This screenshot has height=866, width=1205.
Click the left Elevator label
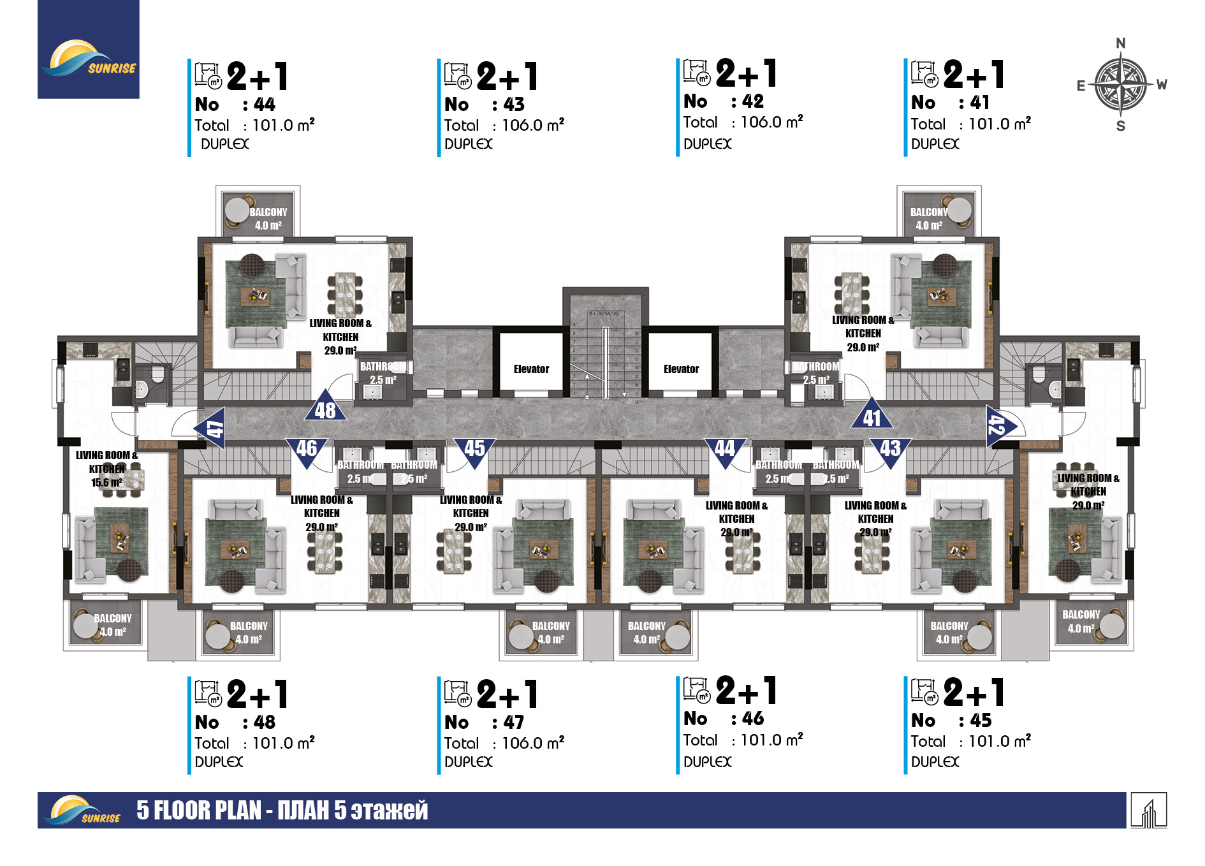[x=531, y=369]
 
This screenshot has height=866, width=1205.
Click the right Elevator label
[x=681, y=369]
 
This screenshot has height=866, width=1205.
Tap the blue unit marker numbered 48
[x=325, y=409]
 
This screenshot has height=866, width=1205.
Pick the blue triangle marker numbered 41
[x=872, y=416]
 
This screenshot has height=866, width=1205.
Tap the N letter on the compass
[x=1121, y=43]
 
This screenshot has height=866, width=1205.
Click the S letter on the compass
[x=1121, y=126]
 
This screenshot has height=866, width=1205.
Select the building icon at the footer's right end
[x=1149, y=811]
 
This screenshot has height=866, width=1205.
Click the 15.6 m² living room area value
[x=106, y=483]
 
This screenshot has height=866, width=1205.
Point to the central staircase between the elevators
[x=605, y=357]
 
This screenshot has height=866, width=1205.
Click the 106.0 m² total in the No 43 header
[x=532, y=125]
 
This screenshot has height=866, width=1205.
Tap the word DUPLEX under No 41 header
[x=935, y=144]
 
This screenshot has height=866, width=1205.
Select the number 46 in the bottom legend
[x=753, y=719]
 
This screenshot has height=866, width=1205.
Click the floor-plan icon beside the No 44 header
[x=208, y=75]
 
